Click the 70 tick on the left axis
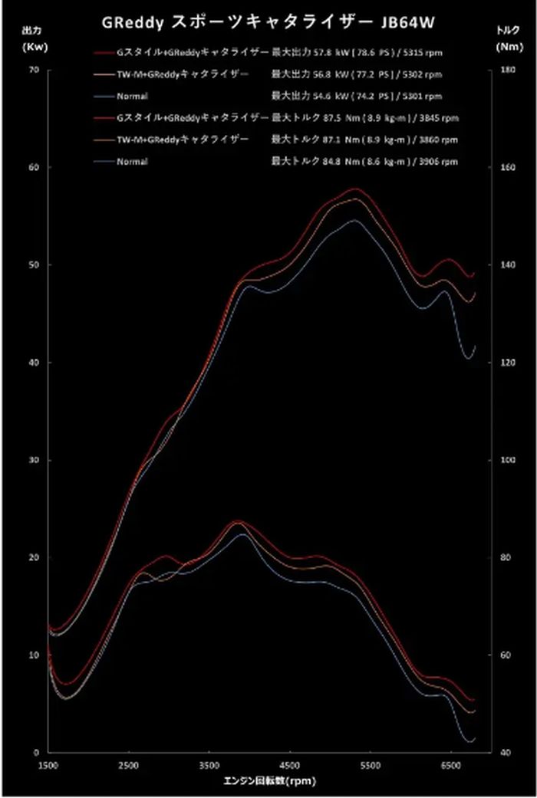coord(33,70)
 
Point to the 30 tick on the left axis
coord(33,460)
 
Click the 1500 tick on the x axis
coord(48,766)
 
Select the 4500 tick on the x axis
coord(290,766)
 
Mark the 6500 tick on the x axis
coord(451,766)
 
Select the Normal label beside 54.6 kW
coord(132,97)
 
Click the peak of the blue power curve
coord(354,220)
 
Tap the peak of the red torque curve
coord(238,521)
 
